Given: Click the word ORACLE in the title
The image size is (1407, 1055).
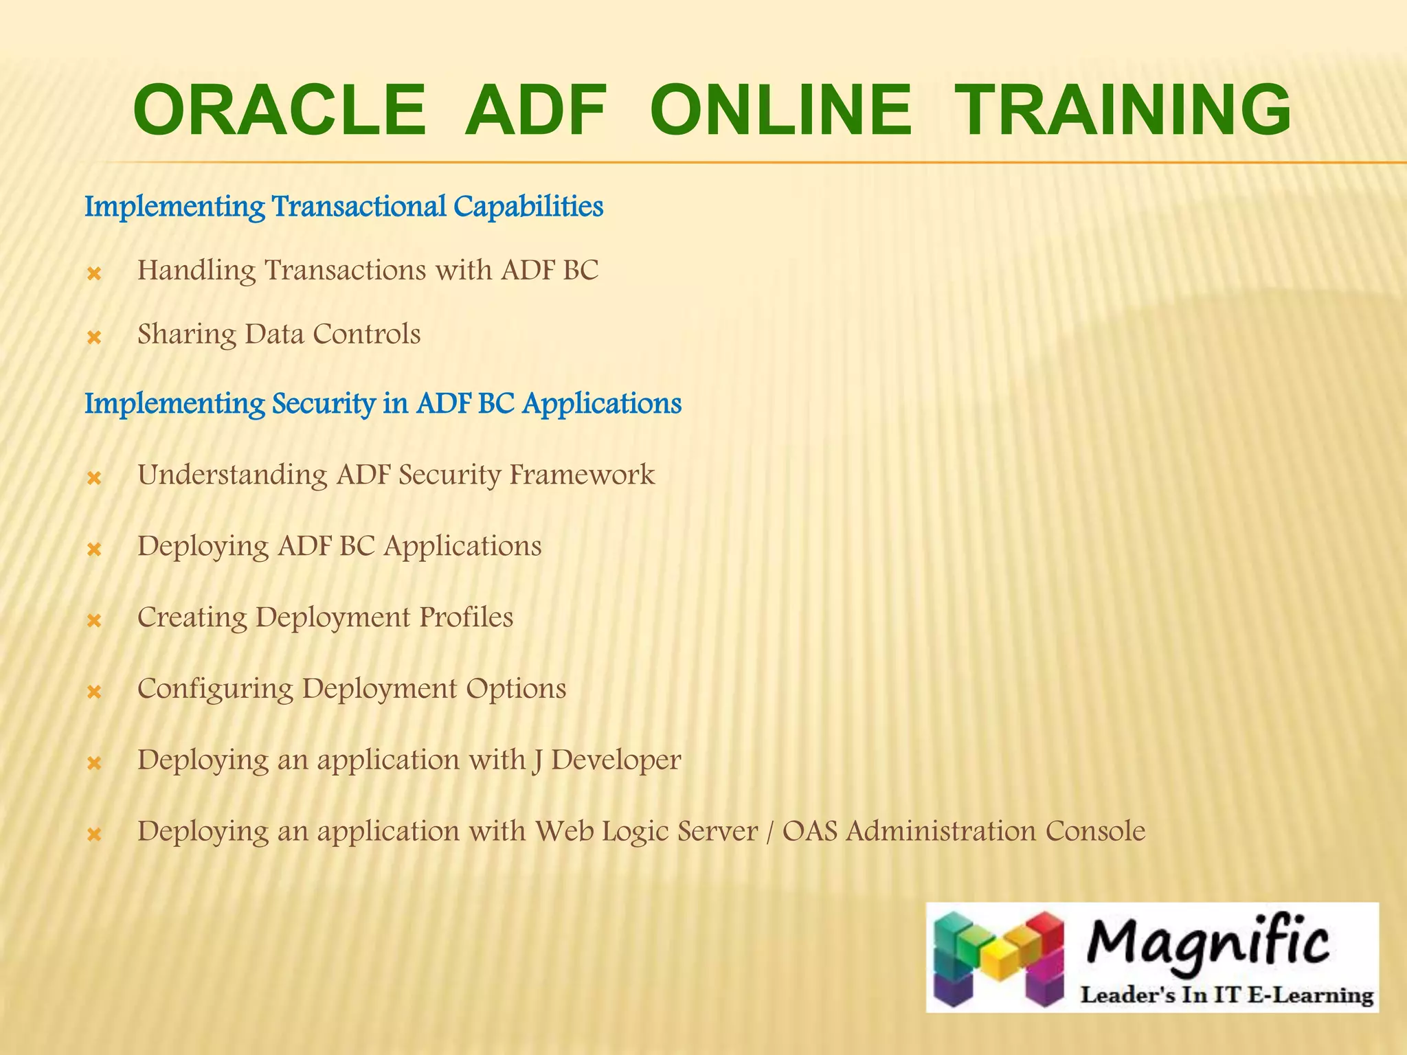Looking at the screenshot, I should [280, 111].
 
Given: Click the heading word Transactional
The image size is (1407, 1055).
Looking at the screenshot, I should [359, 206].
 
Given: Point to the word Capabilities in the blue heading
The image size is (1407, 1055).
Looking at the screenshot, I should [528, 207].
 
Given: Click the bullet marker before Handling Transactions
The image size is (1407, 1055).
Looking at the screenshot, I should [94, 275].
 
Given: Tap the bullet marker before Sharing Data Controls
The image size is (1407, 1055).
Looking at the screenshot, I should [94, 338].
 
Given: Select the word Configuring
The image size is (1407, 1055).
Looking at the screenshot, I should [215, 690].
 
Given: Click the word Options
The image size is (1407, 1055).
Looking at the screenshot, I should [516, 690].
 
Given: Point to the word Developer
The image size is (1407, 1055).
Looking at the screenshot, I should [616, 760].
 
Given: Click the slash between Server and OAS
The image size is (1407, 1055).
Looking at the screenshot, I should [768, 832].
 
